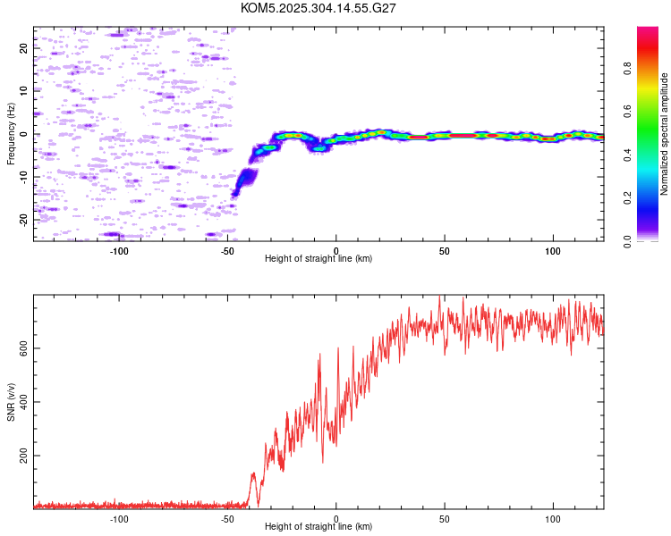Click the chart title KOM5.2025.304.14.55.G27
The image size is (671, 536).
click(x=318, y=8)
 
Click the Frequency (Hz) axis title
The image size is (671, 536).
click(x=11, y=134)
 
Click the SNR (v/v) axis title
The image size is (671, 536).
click(x=11, y=402)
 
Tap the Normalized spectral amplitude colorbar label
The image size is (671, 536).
click(x=664, y=134)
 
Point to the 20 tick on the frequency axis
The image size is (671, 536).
click(x=24, y=48)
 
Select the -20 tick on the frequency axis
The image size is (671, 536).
click(x=24, y=220)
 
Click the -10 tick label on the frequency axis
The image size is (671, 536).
click(x=24, y=177)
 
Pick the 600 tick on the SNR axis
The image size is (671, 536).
click(x=24, y=348)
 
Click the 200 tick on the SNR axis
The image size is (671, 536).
click(x=24, y=456)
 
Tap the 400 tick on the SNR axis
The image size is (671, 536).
click(x=24, y=402)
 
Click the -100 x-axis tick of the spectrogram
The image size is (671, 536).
click(x=119, y=251)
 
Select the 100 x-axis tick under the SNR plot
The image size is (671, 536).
click(x=553, y=519)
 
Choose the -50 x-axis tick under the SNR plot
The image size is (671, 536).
click(x=227, y=519)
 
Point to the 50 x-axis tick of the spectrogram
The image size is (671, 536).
click(x=445, y=251)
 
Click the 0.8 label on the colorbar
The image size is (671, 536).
click(x=627, y=69)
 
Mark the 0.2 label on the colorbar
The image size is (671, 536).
click(x=627, y=197)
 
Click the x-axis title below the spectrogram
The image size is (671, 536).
click(x=319, y=258)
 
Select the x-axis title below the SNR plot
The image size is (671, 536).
click(x=319, y=526)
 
